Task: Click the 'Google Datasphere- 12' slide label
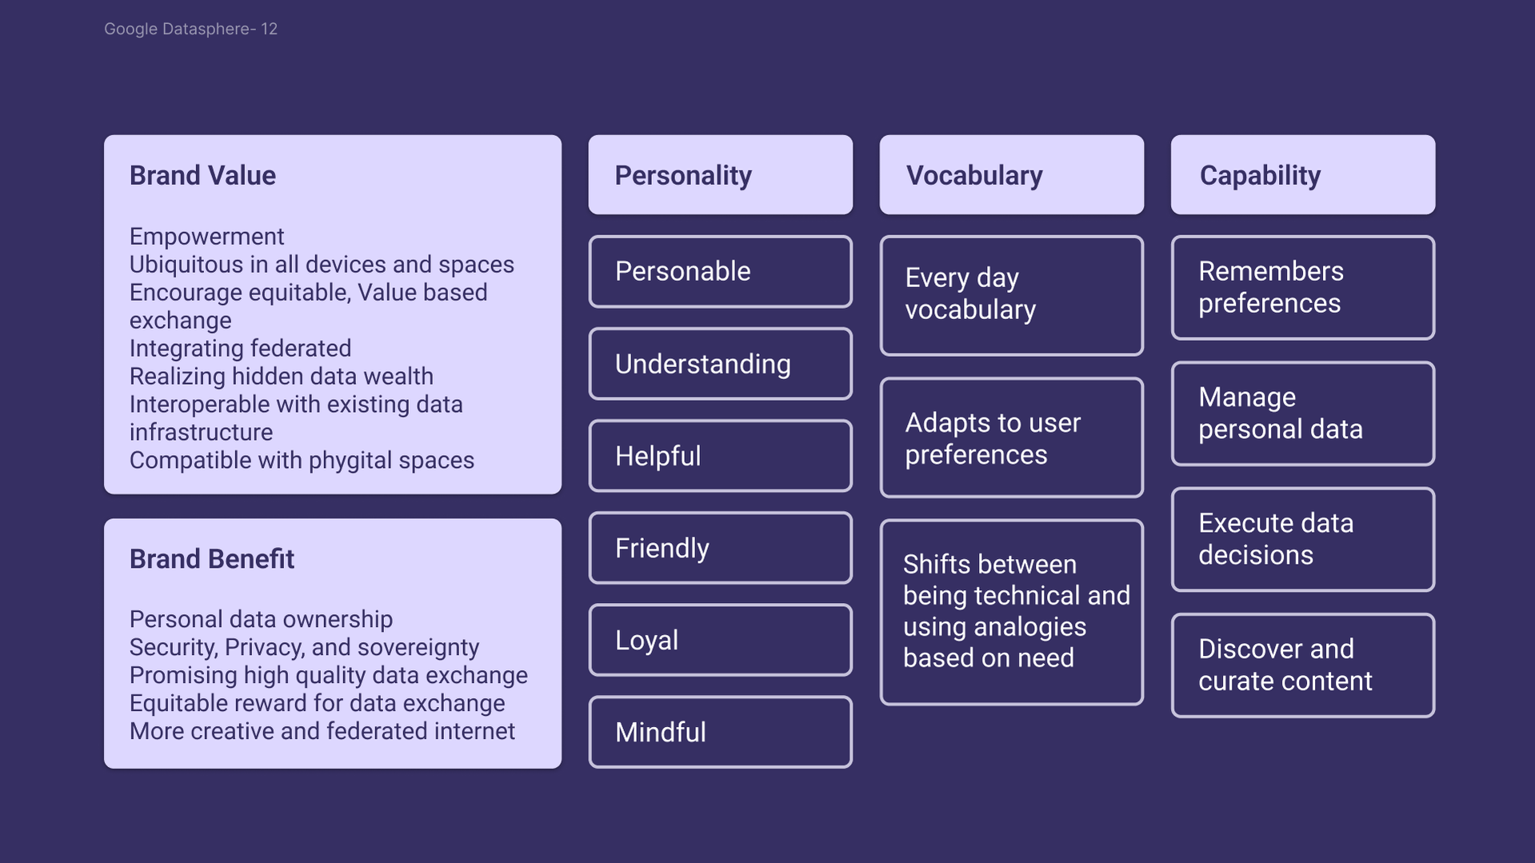click(x=190, y=29)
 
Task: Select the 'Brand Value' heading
click(x=202, y=175)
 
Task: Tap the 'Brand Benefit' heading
click(x=212, y=559)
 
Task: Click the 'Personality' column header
click(x=720, y=174)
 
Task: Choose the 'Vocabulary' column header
click(x=1012, y=174)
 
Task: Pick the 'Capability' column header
click(x=1303, y=174)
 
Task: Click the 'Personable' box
click(x=720, y=271)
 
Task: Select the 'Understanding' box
click(x=720, y=364)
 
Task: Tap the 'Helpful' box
click(x=720, y=456)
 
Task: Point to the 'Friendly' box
click(x=720, y=548)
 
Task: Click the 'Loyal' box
click(x=720, y=640)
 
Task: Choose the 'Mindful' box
click(x=720, y=732)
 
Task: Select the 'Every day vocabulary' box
click(x=1012, y=295)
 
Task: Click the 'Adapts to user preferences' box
click(x=1012, y=437)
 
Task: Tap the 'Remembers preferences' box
click(x=1303, y=287)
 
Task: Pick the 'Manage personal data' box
click(x=1303, y=414)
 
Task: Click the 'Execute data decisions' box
click(x=1303, y=539)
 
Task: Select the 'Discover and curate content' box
click(x=1303, y=665)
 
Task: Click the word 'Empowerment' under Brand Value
click(x=206, y=237)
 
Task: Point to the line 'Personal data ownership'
click(x=261, y=619)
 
